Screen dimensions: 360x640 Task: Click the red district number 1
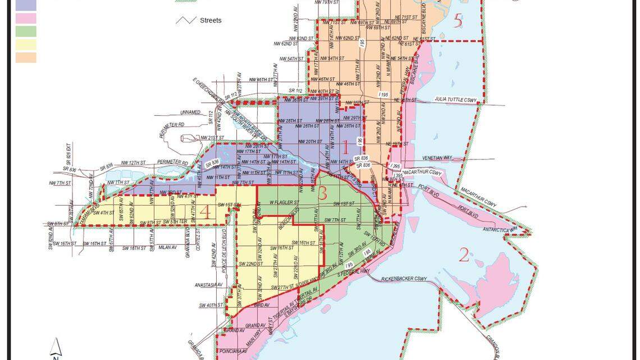[346, 148]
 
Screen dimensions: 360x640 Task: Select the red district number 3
[322, 193]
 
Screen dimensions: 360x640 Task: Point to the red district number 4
[205, 213]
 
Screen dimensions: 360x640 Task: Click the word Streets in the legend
[211, 20]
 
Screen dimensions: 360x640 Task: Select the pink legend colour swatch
[26, 19]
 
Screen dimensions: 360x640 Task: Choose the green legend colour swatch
[26, 31]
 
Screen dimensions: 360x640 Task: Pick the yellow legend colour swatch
[26, 44]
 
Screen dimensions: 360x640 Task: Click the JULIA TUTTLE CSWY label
[456, 100]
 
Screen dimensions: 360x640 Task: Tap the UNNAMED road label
[190, 112]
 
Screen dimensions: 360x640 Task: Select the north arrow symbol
[56, 348]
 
